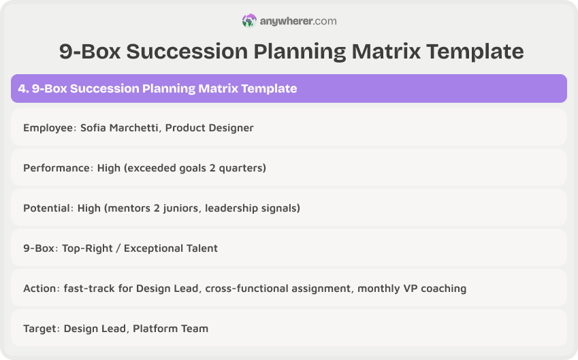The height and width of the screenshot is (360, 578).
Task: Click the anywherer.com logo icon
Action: [x=249, y=21]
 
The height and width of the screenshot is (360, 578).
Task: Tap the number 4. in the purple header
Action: [x=23, y=88]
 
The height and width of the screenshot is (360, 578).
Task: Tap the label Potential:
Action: [x=50, y=208]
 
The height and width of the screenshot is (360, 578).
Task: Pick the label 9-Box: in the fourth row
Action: [x=41, y=248]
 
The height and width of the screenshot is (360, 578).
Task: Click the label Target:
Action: [x=42, y=329]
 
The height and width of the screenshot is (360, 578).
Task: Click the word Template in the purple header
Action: [x=269, y=88]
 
